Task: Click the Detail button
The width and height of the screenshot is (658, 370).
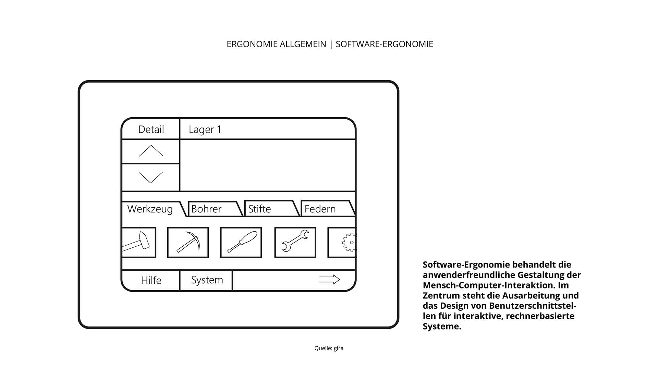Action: (x=151, y=129)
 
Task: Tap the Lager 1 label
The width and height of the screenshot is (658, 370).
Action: (x=205, y=129)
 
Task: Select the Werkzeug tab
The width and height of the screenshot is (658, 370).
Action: (x=150, y=209)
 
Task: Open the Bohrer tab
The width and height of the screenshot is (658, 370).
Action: (x=206, y=209)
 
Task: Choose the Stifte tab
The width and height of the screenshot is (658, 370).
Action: (x=259, y=209)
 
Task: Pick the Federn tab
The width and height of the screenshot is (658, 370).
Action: (x=320, y=209)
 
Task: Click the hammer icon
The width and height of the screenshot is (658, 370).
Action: (x=138, y=243)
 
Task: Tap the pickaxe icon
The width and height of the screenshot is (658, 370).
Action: (x=188, y=243)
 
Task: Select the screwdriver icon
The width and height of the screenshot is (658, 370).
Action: (x=241, y=243)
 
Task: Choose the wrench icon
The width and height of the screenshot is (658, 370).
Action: (x=295, y=243)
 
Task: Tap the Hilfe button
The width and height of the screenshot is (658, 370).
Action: (x=151, y=280)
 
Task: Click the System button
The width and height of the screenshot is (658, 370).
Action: (x=207, y=280)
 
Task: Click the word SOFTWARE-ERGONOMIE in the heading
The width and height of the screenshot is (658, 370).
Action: (x=384, y=44)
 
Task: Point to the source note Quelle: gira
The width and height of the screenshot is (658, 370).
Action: (x=329, y=348)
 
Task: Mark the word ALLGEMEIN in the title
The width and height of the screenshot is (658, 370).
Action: (x=303, y=44)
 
